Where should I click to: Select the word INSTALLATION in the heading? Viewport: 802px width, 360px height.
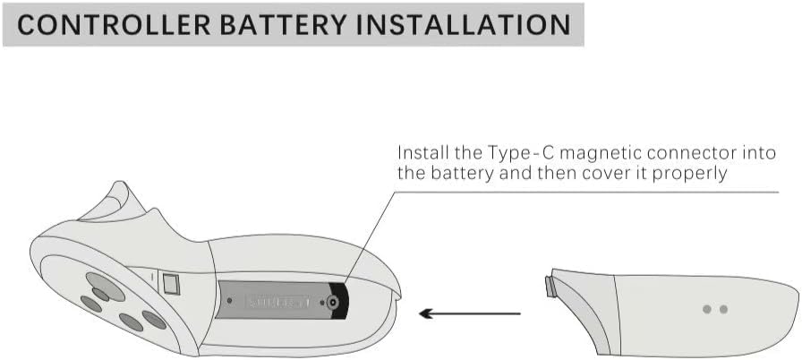[x=465, y=24]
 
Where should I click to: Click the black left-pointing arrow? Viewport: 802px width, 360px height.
[x=469, y=313]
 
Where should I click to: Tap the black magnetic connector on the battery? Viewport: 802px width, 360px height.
[x=334, y=304]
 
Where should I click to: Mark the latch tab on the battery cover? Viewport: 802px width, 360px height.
[x=550, y=287]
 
